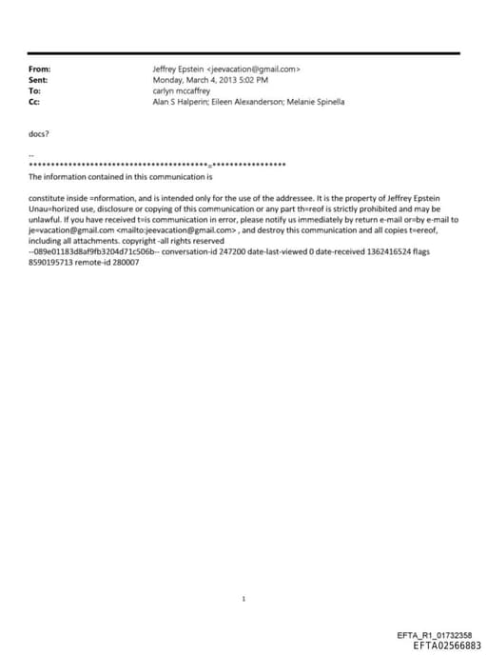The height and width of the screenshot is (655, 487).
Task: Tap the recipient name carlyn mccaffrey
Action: pyautogui.click(x=181, y=90)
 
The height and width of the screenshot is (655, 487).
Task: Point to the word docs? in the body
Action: pyautogui.click(x=39, y=134)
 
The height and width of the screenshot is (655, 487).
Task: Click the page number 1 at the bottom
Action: pyautogui.click(x=244, y=599)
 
